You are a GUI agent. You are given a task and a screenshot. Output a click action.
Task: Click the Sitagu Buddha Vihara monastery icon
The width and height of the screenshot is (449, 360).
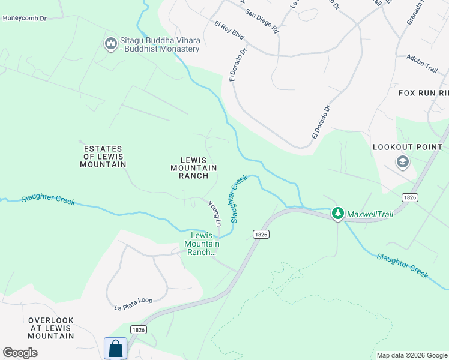110,44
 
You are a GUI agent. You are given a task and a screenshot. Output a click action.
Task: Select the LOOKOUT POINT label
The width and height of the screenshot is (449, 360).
408,147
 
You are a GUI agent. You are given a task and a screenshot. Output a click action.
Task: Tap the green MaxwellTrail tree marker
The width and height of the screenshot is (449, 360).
338,213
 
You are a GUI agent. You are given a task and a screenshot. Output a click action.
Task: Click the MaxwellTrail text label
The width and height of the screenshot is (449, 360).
371,213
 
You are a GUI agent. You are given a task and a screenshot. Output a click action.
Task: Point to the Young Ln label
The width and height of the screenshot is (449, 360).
214,214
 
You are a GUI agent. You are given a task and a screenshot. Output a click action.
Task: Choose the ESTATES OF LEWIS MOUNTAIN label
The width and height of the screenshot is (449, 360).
104,156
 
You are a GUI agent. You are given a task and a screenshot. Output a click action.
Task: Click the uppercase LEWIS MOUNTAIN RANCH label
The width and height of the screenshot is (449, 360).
194,168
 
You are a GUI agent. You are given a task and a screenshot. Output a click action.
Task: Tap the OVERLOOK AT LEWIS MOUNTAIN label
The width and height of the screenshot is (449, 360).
51,328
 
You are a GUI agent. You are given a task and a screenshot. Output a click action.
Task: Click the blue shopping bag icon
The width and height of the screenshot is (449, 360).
115,349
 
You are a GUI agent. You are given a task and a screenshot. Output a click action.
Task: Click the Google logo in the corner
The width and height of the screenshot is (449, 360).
20,352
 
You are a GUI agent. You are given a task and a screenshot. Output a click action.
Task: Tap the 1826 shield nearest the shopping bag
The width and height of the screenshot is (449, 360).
138,329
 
